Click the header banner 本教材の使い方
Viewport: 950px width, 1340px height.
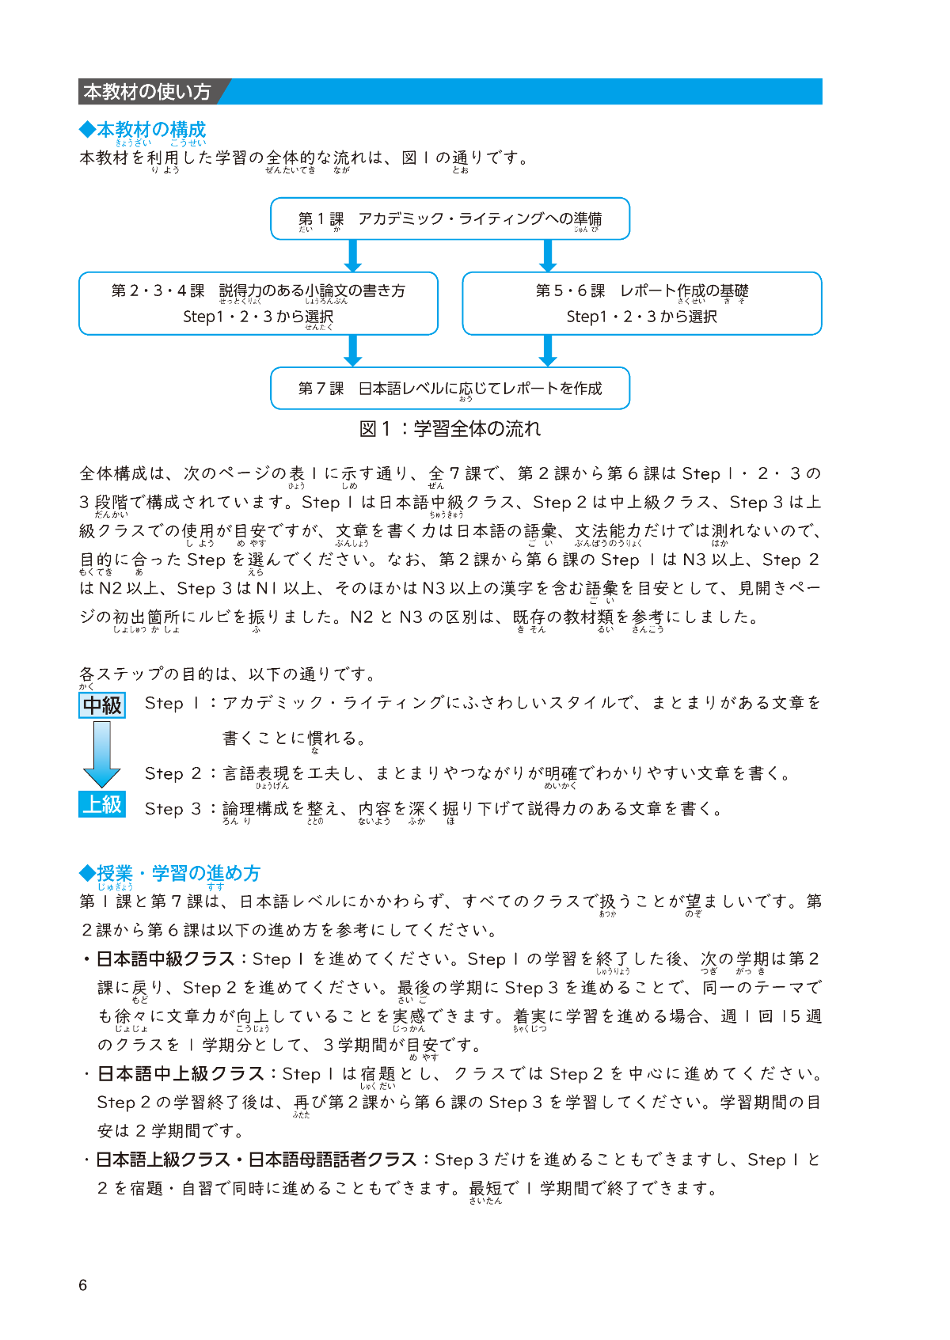148,92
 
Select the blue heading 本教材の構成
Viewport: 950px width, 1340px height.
143,129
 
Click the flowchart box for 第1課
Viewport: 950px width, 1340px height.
450,218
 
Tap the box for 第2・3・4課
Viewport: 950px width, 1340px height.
258,303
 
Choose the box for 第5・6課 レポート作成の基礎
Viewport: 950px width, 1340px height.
641,303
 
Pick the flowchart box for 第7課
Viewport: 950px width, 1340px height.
450,388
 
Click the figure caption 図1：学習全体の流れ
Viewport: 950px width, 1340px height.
450,429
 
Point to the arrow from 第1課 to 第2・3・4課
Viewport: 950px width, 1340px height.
353,256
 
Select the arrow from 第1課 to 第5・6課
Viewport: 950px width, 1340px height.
547,256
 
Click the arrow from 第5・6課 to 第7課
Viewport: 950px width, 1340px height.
547,351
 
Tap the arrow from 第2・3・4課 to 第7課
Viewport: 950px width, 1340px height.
353,351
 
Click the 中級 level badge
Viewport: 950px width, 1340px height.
102,704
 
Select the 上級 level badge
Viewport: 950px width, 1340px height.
102,804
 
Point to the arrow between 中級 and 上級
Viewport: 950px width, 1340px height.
102,754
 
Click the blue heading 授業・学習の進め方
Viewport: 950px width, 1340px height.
170,873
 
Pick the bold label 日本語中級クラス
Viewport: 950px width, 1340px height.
165,959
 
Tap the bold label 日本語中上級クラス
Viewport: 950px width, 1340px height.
180,1074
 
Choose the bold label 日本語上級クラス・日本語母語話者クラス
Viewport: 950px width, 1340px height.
256,1160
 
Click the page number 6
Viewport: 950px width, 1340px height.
83,1285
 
